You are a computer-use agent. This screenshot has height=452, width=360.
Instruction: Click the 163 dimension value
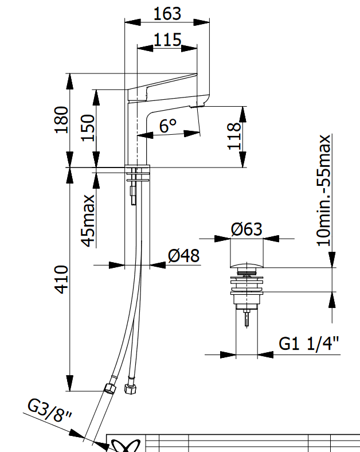pyautogui.click(x=167, y=14)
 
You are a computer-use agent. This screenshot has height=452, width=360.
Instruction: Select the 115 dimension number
pyautogui.click(x=167, y=40)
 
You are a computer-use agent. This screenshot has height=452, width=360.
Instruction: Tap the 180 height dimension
pyautogui.click(x=62, y=120)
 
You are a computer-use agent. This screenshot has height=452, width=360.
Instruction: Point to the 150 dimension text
pyautogui.click(x=88, y=128)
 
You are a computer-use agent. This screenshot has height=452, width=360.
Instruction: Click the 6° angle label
pyautogui.click(x=168, y=126)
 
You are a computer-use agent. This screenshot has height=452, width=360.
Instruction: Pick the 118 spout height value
pyautogui.click(x=234, y=136)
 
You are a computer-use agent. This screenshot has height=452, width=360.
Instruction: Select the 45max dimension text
pyautogui.click(x=88, y=221)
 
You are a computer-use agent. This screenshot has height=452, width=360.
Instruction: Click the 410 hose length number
pyautogui.click(x=62, y=279)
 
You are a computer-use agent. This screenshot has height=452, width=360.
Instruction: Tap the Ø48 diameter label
pyautogui.click(x=184, y=255)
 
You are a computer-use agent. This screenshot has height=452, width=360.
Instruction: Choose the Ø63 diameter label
pyautogui.click(x=246, y=229)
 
